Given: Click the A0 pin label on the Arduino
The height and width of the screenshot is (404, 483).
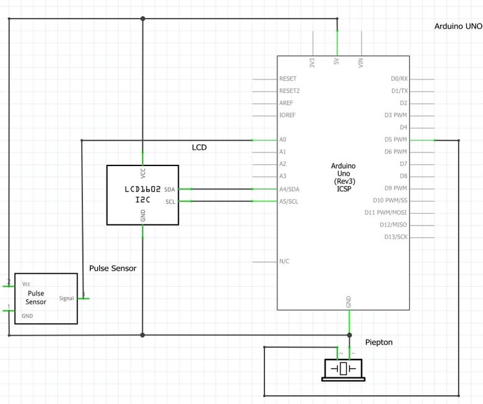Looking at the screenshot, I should [283, 139].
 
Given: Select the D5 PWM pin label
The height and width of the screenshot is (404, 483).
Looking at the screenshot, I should [395, 139].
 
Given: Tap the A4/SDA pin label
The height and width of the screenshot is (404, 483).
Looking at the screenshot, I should [289, 188].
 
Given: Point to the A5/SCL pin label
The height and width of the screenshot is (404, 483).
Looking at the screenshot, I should [289, 201].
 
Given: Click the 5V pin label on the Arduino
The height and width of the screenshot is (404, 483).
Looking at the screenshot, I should [336, 62].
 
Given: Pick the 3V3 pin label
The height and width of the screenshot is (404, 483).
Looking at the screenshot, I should [312, 62].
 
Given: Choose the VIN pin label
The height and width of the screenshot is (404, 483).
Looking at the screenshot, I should [361, 62].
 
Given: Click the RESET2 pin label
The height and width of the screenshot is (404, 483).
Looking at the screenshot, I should [290, 90].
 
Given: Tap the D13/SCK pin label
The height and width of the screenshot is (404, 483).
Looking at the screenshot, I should [394, 237].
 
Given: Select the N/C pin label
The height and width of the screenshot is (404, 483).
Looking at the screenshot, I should [285, 261].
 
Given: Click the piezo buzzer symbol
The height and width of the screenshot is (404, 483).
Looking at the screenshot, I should [342, 369].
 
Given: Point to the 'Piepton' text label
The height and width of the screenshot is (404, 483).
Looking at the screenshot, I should [379, 342].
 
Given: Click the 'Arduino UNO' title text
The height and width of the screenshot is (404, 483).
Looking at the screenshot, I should [458, 27].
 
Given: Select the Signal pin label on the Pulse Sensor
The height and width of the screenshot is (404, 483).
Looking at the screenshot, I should [66, 298].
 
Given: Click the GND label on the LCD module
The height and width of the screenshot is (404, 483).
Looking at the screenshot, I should [143, 215].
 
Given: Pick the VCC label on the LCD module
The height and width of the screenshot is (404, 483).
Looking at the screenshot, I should [143, 173].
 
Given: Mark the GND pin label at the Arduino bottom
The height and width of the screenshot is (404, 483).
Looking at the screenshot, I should [349, 302].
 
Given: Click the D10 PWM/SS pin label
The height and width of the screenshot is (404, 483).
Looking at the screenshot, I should [389, 200].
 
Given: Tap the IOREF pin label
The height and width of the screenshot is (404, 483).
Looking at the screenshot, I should [288, 115].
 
